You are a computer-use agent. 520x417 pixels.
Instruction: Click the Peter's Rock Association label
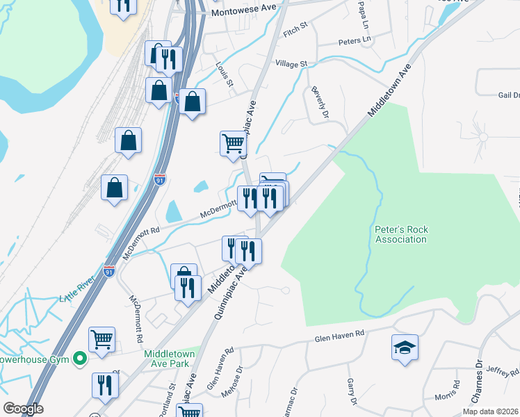[400, 234]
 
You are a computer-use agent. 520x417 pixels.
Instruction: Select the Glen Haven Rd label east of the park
[339, 334]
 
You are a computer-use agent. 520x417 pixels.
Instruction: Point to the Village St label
[291, 64]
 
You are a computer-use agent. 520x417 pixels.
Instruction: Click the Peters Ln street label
[355, 42]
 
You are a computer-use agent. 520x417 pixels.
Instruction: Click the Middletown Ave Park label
[170, 359]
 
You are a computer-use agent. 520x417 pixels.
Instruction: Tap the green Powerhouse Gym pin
[80, 359]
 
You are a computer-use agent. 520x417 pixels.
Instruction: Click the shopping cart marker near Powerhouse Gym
[101, 341]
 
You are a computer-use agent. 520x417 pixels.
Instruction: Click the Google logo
[23, 409]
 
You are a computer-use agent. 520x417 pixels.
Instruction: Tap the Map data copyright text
[491, 411]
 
